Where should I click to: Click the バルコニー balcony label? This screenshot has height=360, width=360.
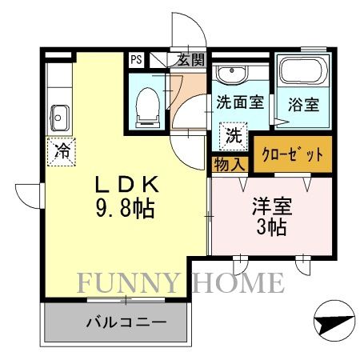click(x=126, y=324)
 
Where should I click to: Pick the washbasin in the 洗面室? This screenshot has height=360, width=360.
click(x=234, y=75)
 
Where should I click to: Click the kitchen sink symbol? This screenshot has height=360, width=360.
click(x=58, y=118)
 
